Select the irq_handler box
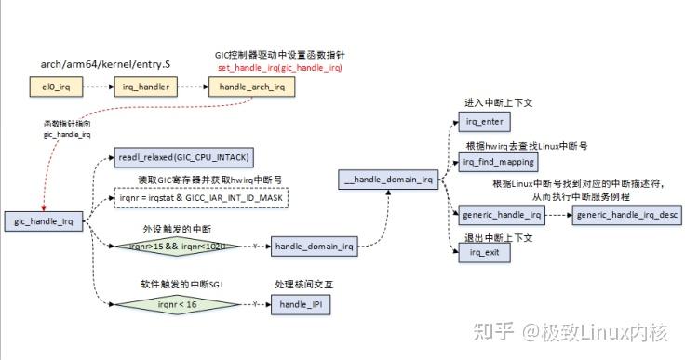[146, 87]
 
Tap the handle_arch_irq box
[251, 87]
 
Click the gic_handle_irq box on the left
[44, 220]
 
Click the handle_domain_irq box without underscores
[314, 247]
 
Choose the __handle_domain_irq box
[387, 179]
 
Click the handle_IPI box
[299, 304]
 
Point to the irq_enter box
[484, 122]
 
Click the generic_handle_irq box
[502, 216]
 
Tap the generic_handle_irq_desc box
[627, 216]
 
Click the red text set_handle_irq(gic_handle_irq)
[280, 69]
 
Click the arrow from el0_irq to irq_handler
[100, 87]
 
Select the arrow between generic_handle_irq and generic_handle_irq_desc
[557, 216]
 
